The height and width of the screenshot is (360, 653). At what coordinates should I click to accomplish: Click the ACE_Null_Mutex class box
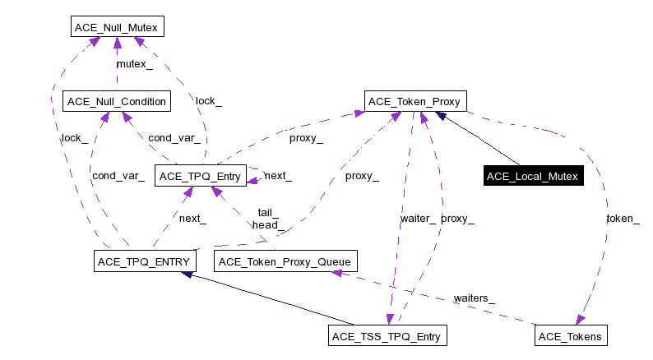116,28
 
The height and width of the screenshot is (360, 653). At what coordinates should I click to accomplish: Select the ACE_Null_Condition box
116,102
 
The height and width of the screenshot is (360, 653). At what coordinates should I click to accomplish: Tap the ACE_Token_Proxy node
417,102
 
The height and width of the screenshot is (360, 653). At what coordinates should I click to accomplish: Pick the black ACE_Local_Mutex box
534,176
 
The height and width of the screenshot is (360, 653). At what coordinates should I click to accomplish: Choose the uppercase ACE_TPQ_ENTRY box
142,262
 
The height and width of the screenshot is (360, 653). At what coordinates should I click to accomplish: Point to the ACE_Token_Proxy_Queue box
285,262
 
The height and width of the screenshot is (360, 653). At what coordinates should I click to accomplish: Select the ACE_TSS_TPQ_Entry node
387,336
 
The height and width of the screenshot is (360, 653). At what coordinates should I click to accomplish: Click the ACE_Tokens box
571,336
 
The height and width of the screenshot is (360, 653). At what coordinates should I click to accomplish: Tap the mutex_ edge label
134,63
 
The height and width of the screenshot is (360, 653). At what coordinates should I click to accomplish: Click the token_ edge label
623,219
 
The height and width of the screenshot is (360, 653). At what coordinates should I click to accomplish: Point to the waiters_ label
473,298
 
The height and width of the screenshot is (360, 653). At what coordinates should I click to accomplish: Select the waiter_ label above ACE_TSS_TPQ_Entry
418,219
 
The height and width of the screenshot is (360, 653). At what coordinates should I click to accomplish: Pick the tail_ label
268,212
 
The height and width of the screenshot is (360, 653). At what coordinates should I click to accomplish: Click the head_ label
268,224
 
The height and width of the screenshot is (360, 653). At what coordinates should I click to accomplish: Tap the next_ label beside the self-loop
278,176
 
